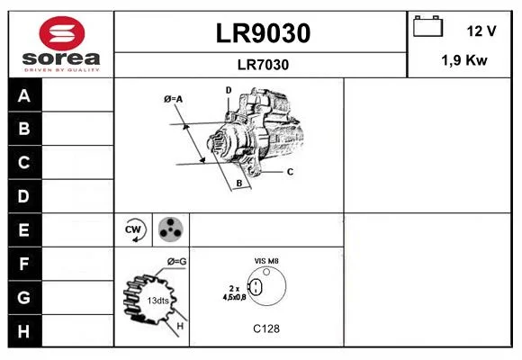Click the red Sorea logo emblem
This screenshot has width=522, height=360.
point(62,33)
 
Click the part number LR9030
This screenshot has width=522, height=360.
point(263,33)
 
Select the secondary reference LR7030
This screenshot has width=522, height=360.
point(263,65)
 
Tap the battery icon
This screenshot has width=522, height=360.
point(427,26)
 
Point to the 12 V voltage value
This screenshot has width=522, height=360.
point(481,31)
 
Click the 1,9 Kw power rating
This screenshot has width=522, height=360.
point(464,60)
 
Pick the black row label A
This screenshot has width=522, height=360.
point(24,95)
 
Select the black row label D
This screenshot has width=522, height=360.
point(24,196)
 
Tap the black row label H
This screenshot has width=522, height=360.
point(24,331)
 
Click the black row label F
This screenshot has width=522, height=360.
point(24,264)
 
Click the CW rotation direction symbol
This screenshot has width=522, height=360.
point(133,229)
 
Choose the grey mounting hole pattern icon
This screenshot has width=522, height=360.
point(171,229)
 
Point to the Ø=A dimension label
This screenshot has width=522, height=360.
point(173,99)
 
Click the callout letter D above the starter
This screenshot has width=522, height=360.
point(229,90)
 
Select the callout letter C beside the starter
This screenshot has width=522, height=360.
point(290,172)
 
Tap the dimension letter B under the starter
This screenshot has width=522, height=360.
point(239,184)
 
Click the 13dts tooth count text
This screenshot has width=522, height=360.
point(157,301)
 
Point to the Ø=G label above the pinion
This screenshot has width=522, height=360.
point(176,262)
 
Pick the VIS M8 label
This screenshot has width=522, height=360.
point(266,261)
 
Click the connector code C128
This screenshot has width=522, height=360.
point(266,329)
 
